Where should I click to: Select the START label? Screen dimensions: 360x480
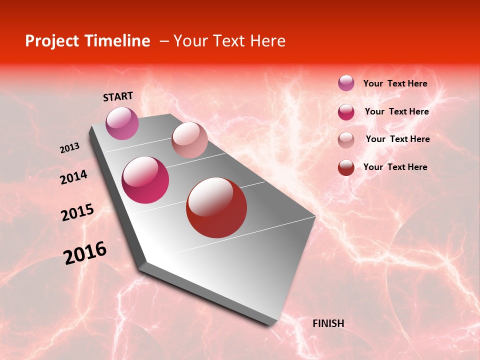(x=118, y=96)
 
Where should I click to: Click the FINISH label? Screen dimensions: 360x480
(x=328, y=323)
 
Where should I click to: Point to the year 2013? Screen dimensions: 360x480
(x=69, y=148)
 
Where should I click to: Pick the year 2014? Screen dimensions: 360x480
(x=73, y=177)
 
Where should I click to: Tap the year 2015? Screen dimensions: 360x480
(x=77, y=212)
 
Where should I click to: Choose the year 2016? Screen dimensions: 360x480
(x=85, y=253)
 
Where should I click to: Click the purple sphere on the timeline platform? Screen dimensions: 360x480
(x=122, y=123)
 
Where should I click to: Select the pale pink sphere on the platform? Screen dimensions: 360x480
(x=189, y=140)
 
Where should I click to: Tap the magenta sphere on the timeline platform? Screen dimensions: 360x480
(x=145, y=180)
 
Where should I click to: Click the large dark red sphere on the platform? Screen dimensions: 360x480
(x=216, y=207)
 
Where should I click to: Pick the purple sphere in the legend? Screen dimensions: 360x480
(x=346, y=83)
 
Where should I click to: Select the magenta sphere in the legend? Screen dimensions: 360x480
(x=346, y=112)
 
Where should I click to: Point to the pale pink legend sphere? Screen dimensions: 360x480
(x=346, y=140)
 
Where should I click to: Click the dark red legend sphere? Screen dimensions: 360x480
(x=346, y=167)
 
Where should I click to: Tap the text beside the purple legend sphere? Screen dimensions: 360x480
(x=395, y=83)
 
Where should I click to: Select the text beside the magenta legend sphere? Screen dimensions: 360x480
(x=396, y=111)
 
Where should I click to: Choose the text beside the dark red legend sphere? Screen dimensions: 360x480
(x=395, y=167)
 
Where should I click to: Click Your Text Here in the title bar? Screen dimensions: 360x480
(x=229, y=41)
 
